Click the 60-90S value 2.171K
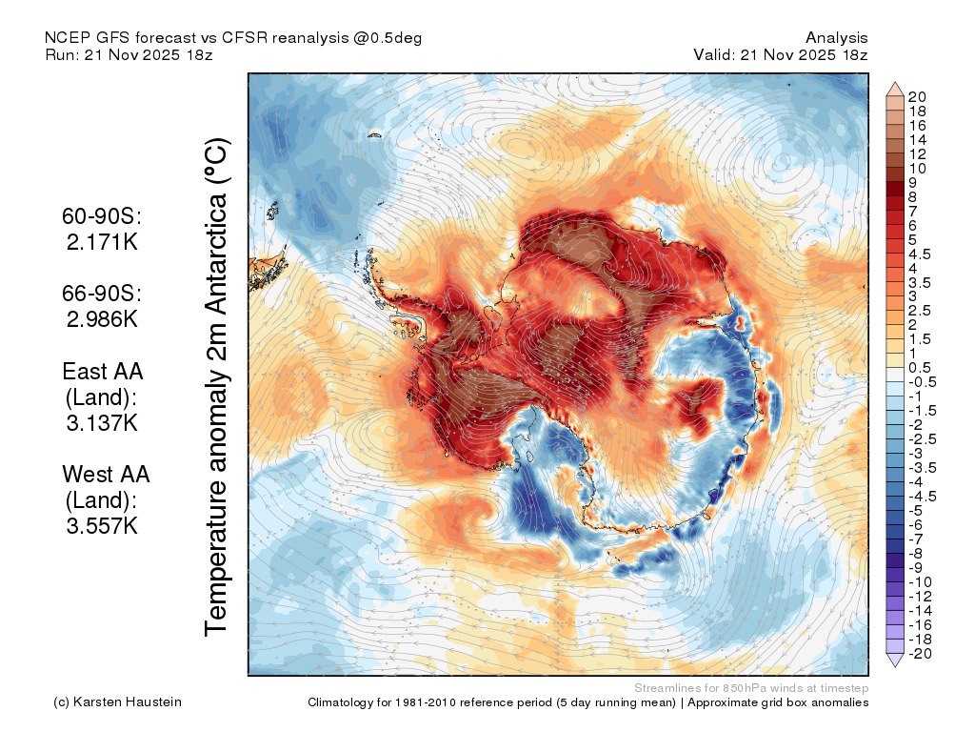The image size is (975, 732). [x=102, y=242]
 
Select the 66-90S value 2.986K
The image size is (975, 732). [x=102, y=319]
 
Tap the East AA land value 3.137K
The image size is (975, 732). [x=102, y=423]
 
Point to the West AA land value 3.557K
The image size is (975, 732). [x=102, y=526]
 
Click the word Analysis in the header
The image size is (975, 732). [x=836, y=38]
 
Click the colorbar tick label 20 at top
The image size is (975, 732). [x=917, y=97]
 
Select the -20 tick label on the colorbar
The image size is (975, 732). [x=921, y=654]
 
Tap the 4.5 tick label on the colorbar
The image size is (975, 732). [x=920, y=254]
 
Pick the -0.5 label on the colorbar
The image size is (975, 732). [x=922, y=382]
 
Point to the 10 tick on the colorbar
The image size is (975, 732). [x=917, y=169]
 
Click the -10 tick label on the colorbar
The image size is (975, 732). [x=921, y=582]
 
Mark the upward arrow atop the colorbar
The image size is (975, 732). [x=895, y=89]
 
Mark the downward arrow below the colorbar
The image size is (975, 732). [x=895, y=661]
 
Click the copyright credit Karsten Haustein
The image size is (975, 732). [x=117, y=702]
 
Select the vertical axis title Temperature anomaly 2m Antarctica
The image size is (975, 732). [x=217, y=387]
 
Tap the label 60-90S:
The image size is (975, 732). [x=102, y=216]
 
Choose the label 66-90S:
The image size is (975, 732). [x=102, y=294]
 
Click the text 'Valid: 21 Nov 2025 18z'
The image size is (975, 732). [x=781, y=54]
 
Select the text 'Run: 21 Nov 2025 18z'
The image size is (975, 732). [x=129, y=54]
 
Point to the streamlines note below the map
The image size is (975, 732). [x=751, y=688]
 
